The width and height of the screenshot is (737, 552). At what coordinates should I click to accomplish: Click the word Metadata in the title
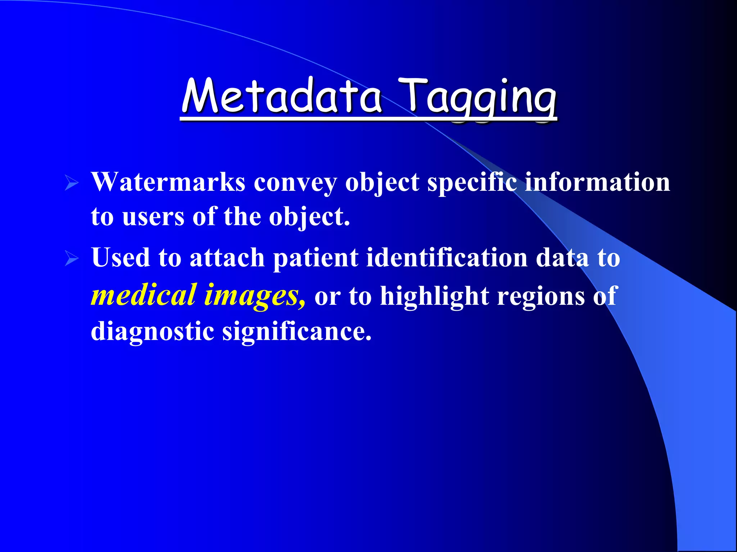tap(281, 96)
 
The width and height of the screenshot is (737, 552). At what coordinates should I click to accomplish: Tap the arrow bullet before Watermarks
tap(72, 183)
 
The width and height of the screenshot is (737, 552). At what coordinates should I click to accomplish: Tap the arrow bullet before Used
tap(72, 259)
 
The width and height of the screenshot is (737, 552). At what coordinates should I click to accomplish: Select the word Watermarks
tap(168, 182)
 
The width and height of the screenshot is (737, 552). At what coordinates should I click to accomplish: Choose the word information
tap(597, 182)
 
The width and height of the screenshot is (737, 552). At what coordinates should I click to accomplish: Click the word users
tap(153, 217)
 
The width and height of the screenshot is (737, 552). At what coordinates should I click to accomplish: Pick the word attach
tap(227, 258)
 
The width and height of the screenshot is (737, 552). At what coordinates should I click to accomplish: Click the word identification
tap(447, 258)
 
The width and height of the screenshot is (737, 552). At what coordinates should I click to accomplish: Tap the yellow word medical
tap(144, 295)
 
